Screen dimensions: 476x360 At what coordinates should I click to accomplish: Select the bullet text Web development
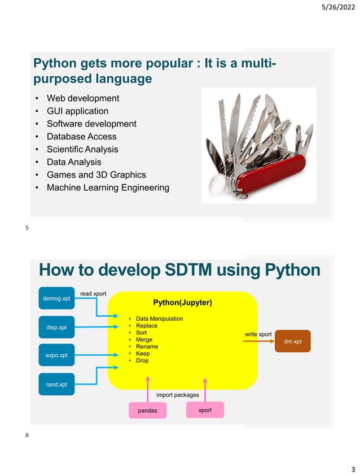tap(82, 98)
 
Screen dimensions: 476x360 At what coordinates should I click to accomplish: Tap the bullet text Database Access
tap(81, 137)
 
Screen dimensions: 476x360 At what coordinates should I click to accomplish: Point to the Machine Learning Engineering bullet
tap(107, 187)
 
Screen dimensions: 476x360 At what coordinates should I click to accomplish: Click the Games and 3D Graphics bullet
tap(96, 174)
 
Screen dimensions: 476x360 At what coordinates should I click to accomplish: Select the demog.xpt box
tap(56, 298)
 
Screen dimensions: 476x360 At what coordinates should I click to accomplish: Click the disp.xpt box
tap(56, 327)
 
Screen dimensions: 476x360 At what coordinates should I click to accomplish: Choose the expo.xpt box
tap(56, 356)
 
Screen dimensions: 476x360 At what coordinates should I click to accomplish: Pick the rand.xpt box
tap(56, 385)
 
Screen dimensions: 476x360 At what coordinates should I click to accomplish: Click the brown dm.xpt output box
tap(292, 342)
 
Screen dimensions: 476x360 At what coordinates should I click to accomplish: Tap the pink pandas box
tap(148, 411)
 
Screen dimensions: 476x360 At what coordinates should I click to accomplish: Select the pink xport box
tap(205, 410)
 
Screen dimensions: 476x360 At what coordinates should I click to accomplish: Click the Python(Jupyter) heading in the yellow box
tap(182, 303)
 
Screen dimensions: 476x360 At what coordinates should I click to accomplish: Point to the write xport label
tap(258, 335)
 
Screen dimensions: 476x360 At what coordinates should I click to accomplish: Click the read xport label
tap(93, 294)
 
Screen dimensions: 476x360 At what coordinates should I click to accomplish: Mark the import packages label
tap(177, 395)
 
